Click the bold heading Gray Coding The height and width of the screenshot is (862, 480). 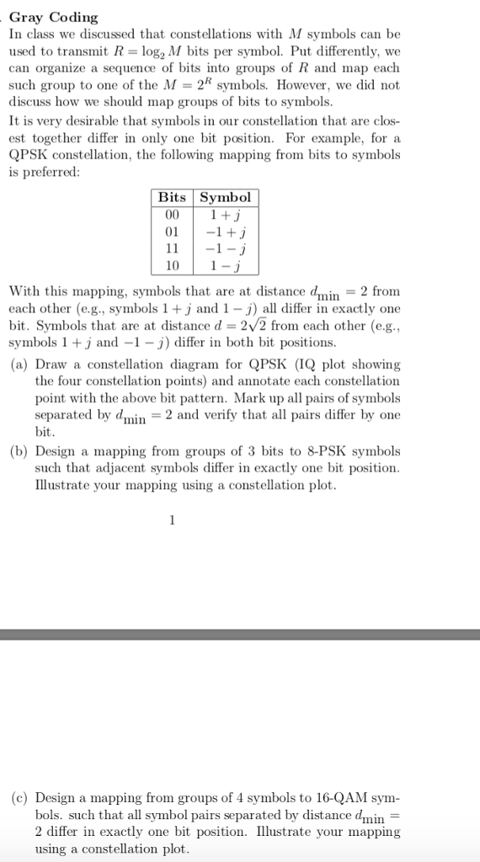53,17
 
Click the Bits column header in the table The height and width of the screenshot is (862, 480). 173,197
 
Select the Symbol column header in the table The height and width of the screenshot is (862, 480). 224,197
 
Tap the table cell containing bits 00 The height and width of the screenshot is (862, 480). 173,213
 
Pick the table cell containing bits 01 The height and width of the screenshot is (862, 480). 173,230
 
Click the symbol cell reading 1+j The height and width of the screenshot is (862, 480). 225,213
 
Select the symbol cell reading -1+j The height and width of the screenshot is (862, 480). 225,230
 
